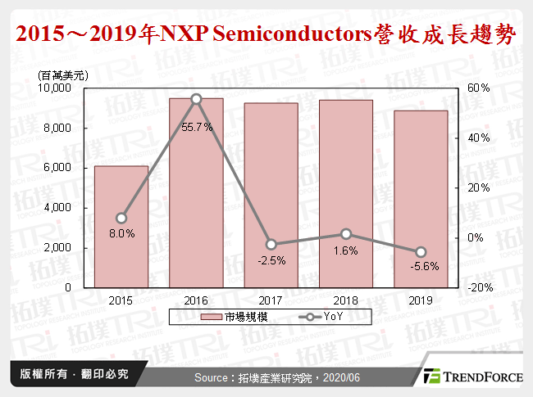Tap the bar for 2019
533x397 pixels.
tap(421, 201)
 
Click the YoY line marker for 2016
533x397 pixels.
tap(196, 99)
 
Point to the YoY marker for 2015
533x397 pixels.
tap(121, 218)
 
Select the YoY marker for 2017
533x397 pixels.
tap(271, 244)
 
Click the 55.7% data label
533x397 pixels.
tap(196, 127)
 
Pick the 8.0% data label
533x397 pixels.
tap(121, 233)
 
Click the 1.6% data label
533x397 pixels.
tap(346, 251)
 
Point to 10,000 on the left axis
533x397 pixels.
tap(57, 88)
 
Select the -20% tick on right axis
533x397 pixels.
tap(480, 288)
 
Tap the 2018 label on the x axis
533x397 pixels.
tap(346, 300)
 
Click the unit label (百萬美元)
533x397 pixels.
tap(63, 74)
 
